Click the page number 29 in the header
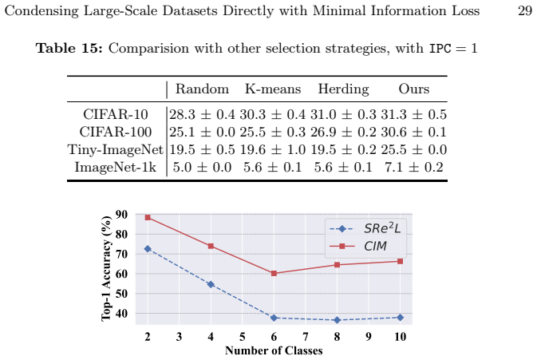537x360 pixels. (x=525, y=10)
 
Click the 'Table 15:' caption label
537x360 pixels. (x=69, y=48)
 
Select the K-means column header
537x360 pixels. (x=273, y=89)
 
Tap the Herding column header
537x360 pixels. (x=343, y=89)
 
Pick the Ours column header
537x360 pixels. (x=413, y=89)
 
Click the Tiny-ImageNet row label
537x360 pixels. (x=116, y=150)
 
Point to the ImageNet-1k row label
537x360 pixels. (x=116, y=167)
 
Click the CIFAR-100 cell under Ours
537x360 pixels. (x=413, y=132)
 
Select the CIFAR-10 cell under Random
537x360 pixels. (x=202, y=114)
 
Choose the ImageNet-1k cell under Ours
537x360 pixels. (x=413, y=167)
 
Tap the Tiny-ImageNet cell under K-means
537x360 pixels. (x=273, y=150)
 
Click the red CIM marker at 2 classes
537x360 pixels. (x=148, y=217)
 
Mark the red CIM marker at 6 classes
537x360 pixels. (x=274, y=273)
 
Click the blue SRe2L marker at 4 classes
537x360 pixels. (x=211, y=284)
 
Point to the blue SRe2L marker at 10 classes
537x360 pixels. (x=400, y=318)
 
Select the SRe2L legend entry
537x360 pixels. (x=365, y=228)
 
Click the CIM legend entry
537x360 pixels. (x=358, y=246)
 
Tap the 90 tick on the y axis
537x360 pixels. (x=121, y=215)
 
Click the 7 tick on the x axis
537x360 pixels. (x=306, y=337)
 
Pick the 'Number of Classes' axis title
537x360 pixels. (x=274, y=350)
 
